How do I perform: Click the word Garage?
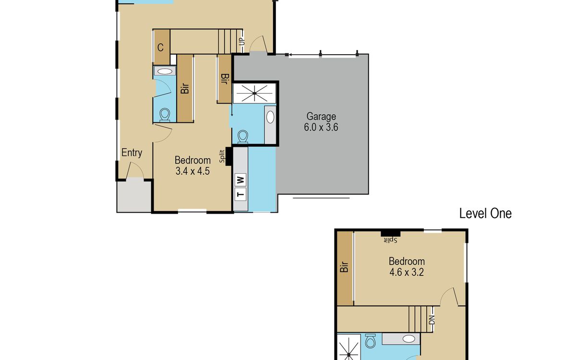pos(321,117)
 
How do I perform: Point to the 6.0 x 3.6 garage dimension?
pos(321,127)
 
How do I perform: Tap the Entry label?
pos(132,153)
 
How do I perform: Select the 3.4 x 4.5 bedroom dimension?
pos(192,171)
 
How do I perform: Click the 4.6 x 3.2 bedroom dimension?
pos(407,272)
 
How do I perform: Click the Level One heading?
pos(485,214)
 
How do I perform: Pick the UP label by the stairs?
pos(242,41)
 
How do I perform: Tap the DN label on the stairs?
pos(432,320)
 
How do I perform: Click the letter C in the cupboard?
pos(160,48)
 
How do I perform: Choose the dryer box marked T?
pos(240,194)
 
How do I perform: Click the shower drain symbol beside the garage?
pos(254,93)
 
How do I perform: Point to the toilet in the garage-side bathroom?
pos(243,136)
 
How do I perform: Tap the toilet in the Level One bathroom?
pos(370,341)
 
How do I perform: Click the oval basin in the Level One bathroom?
pos(408,339)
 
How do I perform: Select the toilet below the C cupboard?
pos(165,115)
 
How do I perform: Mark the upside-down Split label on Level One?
pos(391,240)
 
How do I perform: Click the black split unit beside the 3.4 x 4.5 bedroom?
pos(228,156)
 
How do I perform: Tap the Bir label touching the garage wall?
pos(225,79)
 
